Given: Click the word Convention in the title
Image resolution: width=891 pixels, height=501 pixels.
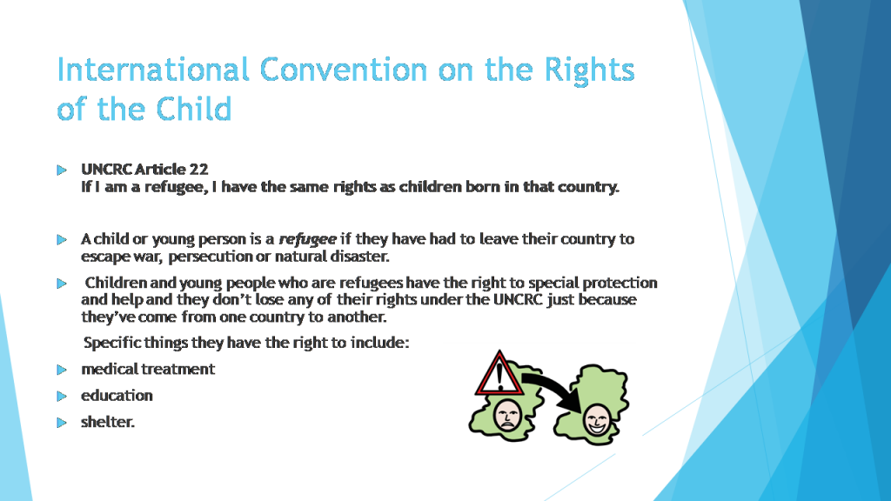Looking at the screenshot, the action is pyautogui.click(x=343, y=70).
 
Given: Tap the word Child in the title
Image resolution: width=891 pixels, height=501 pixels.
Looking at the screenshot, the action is pyautogui.click(x=194, y=109).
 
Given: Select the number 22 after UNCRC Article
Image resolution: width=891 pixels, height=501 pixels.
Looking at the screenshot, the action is pyautogui.click(x=199, y=170).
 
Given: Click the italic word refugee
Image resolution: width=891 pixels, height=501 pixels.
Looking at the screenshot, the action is pyautogui.click(x=307, y=240).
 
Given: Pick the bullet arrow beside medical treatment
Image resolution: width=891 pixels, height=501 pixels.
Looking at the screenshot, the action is pyautogui.click(x=62, y=371).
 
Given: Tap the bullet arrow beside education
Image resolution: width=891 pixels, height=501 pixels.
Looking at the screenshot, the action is pyautogui.click(x=62, y=397).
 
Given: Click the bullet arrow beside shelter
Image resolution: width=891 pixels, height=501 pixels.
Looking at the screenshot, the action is pyautogui.click(x=62, y=423).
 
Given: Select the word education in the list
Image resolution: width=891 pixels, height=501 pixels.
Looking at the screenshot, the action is pyautogui.click(x=117, y=396).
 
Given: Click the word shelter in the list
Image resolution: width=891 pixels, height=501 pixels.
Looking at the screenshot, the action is pyautogui.click(x=106, y=422).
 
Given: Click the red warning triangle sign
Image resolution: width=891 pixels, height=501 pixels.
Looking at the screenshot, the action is pyautogui.click(x=499, y=375).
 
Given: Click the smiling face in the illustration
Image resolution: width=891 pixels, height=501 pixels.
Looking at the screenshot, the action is pyautogui.click(x=597, y=420).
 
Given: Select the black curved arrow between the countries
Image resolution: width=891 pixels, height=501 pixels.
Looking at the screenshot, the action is pyautogui.click(x=558, y=387).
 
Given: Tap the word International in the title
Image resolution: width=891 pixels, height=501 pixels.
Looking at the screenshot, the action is pyautogui.click(x=153, y=70).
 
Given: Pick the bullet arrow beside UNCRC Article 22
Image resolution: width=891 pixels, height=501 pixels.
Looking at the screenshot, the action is pyautogui.click(x=62, y=170).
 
